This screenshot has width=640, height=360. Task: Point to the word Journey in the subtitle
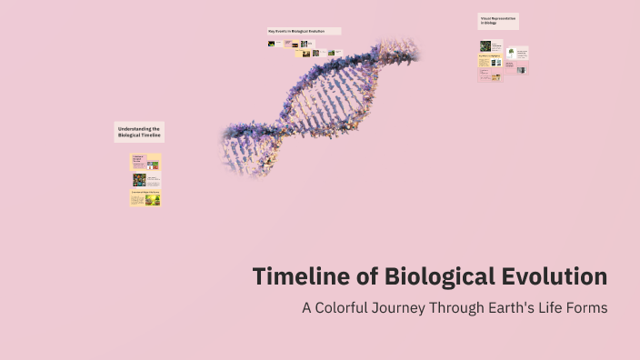click(408, 307)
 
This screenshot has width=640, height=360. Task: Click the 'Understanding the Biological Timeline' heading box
click(139, 132)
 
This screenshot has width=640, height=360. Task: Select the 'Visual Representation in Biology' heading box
click(497, 21)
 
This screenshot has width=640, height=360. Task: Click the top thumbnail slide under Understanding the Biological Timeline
click(145, 162)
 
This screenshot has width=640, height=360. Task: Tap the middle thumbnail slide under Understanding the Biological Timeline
click(145, 180)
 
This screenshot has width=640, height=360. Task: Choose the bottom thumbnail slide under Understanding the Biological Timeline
click(145, 198)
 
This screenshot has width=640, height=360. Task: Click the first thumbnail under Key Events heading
click(272, 43)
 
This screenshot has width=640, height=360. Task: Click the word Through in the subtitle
click(464, 307)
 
